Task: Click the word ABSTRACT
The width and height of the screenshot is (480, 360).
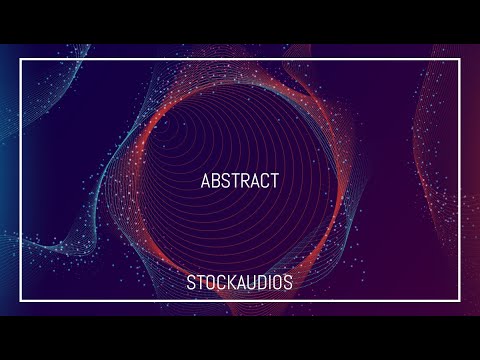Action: click(x=239, y=181)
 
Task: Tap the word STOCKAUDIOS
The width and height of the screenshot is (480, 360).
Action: click(x=239, y=283)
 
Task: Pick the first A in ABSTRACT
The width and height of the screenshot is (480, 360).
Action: click(x=206, y=181)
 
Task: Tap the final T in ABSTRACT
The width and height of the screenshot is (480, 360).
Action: click(x=274, y=181)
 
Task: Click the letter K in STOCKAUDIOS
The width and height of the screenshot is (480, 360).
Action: click(x=230, y=283)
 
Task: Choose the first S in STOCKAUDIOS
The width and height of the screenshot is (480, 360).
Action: click(x=191, y=283)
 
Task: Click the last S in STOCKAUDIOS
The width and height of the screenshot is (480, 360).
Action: click(x=288, y=283)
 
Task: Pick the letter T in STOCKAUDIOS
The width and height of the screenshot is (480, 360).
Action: click(x=200, y=283)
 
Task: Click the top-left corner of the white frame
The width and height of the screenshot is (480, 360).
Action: click(x=21, y=60)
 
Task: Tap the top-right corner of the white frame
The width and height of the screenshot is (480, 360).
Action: click(x=459, y=60)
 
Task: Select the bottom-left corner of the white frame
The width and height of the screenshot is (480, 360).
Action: click(x=21, y=301)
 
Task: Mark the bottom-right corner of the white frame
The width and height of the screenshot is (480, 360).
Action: click(x=459, y=301)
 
